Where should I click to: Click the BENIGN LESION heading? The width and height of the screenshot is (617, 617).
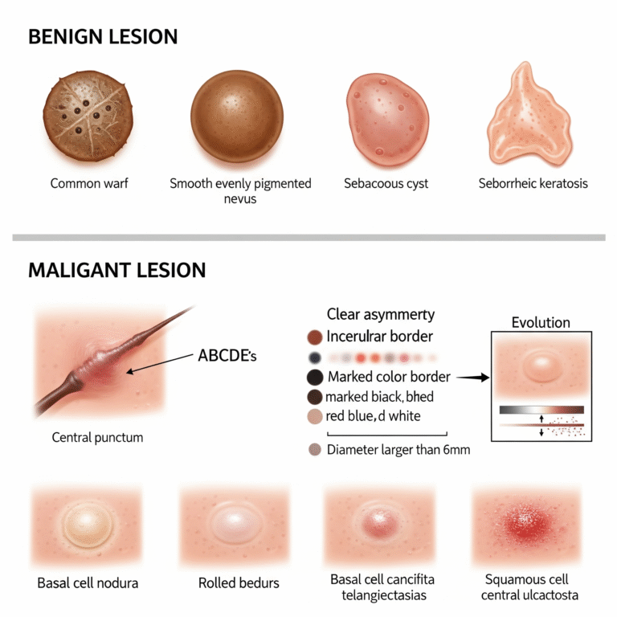103,37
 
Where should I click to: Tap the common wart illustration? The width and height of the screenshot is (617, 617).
88,116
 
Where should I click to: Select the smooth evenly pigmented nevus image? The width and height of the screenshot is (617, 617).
237,116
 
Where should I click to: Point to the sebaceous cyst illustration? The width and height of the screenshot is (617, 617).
387,119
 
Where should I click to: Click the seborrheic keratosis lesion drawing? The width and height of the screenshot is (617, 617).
529,115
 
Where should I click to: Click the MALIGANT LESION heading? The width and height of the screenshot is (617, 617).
116,270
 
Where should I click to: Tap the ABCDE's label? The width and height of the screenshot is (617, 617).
227,356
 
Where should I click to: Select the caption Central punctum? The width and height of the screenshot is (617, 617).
97,437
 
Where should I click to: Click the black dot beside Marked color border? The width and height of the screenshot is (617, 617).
315,377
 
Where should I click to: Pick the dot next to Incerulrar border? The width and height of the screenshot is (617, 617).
315,337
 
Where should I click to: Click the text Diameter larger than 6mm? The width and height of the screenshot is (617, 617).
398,449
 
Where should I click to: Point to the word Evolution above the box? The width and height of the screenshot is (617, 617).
541,323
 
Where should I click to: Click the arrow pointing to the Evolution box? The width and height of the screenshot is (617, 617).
473,378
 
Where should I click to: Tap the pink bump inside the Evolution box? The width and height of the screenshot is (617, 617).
541,366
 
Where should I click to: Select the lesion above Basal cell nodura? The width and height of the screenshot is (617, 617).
88,525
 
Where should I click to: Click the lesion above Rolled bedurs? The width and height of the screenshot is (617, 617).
235,524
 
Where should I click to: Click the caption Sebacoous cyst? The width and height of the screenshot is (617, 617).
386,183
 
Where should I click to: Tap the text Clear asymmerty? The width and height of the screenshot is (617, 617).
381,314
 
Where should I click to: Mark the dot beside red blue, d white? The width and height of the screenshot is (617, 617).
315,416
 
